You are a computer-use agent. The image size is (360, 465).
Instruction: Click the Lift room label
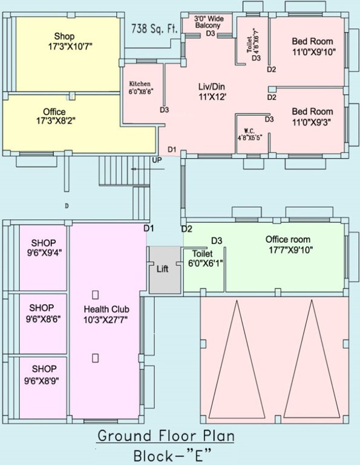[x=162, y=269]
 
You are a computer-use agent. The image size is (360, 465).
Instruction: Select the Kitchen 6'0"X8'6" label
[x=140, y=88]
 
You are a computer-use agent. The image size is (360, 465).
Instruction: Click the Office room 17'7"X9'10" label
[x=290, y=245]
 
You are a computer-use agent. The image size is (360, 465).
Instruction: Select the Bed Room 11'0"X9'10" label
[x=312, y=46]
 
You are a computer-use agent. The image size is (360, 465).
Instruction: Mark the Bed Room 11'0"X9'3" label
[x=312, y=116]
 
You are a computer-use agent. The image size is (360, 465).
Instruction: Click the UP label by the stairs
[x=157, y=160]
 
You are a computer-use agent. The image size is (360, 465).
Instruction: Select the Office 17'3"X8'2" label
[x=54, y=116]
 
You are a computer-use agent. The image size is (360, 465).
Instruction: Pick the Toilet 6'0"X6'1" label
[x=203, y=259]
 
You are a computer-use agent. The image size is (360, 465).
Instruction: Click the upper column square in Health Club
[x=95, y=294]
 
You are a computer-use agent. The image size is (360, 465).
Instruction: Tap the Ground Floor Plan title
[x=166, y=436]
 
